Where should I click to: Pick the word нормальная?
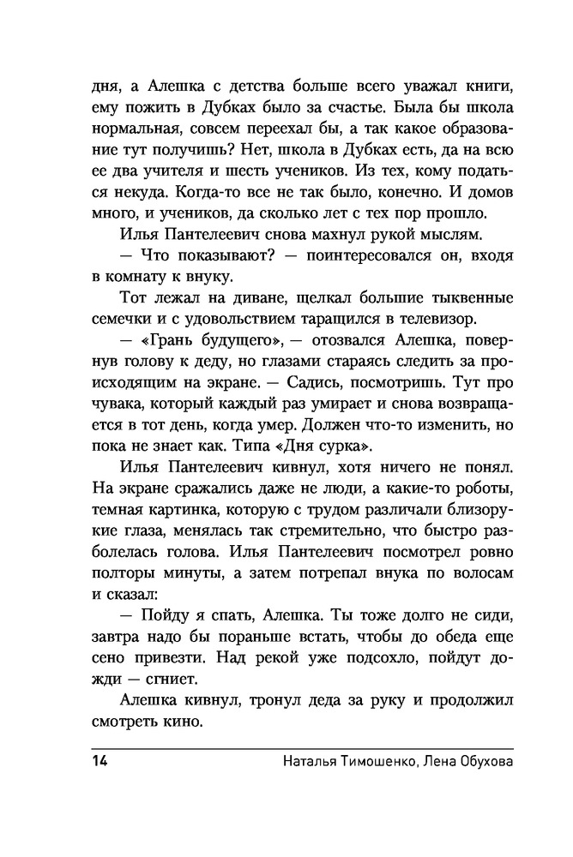pos(131,130)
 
